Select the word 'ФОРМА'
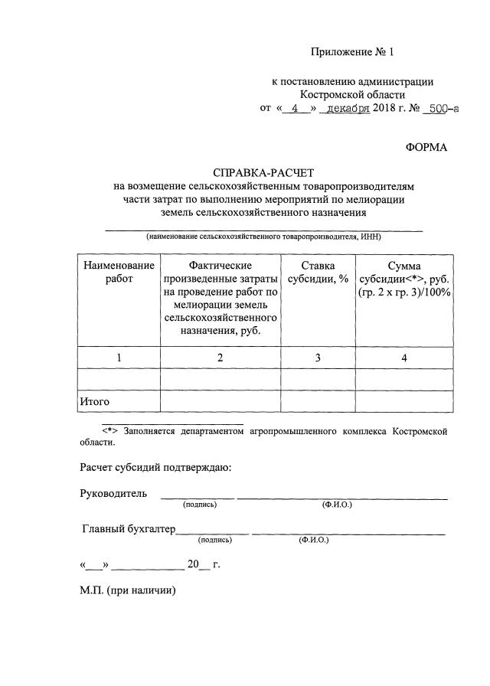click(426, 146)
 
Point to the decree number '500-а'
click(443, 109)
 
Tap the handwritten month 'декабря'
click(344, 109)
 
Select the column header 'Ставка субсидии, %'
click(318, 272)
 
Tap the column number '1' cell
click(119, 358)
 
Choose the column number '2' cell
click(220, 358)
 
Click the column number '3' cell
click(318, 358)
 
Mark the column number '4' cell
click(404, 358)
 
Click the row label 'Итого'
click(95, 401)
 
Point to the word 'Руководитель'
click(113, 494)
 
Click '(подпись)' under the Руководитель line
click(199, 505)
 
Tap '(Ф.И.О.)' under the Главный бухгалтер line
click(314, 540)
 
